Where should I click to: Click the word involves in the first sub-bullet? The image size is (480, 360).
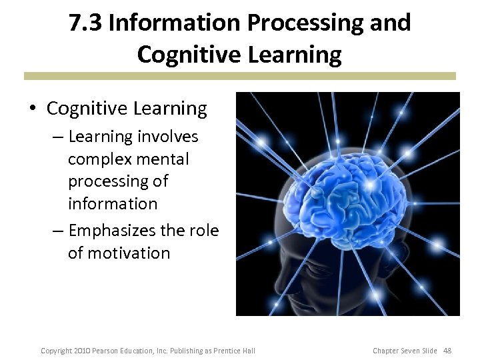coord(167,137)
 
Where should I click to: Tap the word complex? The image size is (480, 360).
coord(99,159)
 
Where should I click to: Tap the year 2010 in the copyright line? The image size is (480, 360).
coord(81,351)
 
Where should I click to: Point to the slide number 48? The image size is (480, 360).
coord(447,351)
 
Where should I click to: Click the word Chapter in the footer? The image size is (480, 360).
coord(387,351)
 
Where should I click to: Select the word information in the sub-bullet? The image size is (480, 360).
coord(113,203)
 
